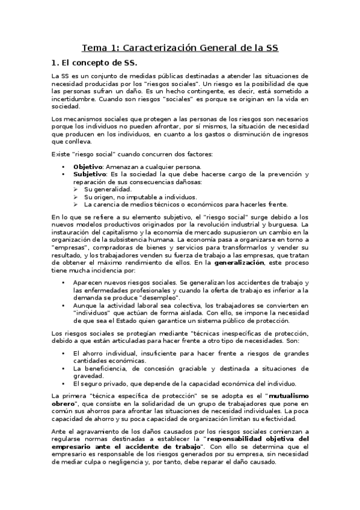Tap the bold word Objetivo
tap(87, 166)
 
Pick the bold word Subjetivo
tap(88, 174)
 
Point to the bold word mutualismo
tap(287, 395)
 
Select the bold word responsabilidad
tap(242, 439)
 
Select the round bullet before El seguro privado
tap(63, 383)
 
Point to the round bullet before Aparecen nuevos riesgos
tap(63, 282)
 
